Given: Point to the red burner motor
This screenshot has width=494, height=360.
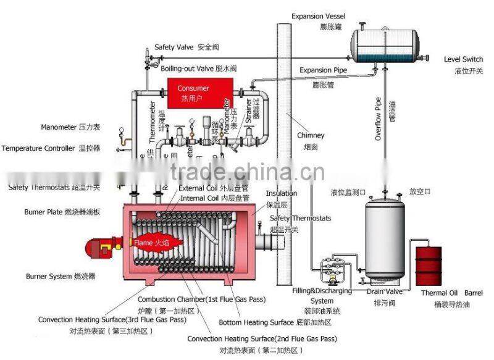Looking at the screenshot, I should click(x=98, y=248).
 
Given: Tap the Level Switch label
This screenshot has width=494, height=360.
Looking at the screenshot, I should click(x=463, y=59).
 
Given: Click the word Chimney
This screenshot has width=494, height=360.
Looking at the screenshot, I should click(x=310, y=135).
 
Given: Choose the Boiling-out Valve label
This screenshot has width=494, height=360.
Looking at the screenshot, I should click(x=198, y=69).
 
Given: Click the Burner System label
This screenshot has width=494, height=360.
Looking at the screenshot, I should click(x=60, y=276).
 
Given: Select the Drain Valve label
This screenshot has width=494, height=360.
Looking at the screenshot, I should click(x=385, y=291).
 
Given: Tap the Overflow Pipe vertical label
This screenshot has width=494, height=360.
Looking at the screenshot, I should click(x=379, y=118).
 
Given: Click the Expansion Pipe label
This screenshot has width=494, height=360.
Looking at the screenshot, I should click(x=323, y=70).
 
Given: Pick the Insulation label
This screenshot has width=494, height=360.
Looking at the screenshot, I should click(x=281, y=193).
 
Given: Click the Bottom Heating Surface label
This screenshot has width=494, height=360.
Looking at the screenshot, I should click(x=275, y=322).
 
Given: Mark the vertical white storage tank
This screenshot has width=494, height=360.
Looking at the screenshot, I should click(x=387, y=238).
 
